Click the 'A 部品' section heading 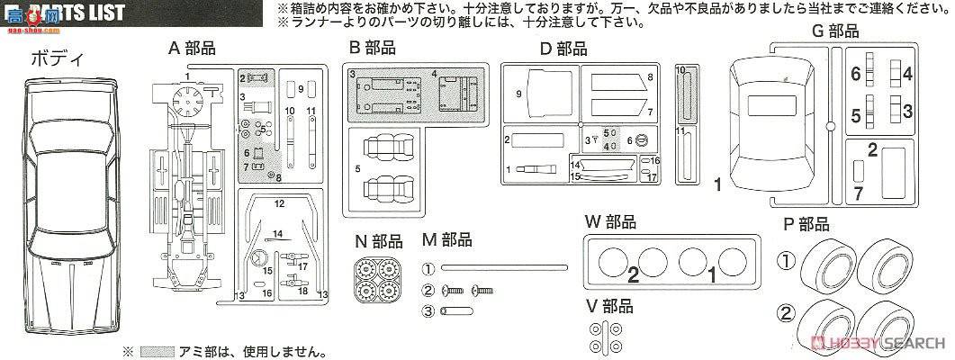(x=192, y=49)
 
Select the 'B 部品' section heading (x=371, y=49)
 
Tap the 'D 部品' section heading (x=563, y=49)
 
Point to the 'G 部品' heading (x=834, y=31)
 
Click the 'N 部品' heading (x=380, y=240)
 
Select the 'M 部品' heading (x=447, y=240)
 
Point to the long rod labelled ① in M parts (x=504, y=267)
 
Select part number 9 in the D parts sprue (x=519, y=93)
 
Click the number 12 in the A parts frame (x=279, y=204)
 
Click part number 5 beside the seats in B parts (x=357, y=168)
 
